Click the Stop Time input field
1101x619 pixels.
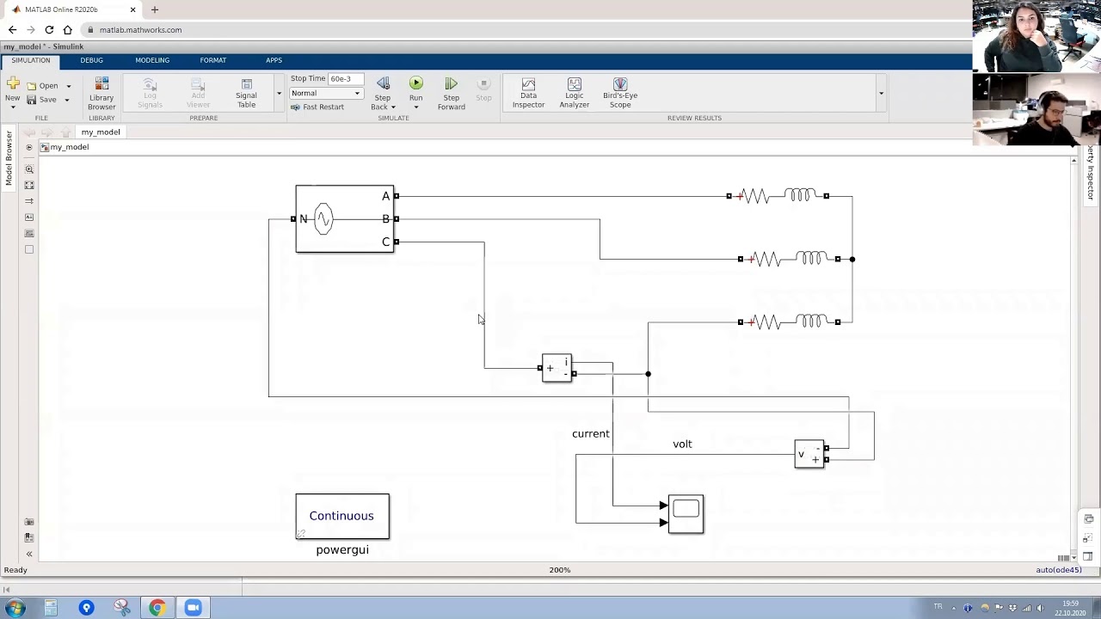click(346, 78)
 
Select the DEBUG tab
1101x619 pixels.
click(91, 60)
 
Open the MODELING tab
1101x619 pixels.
click(152, 60)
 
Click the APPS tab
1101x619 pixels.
click(274, 60)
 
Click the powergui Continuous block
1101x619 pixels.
click(342, 516)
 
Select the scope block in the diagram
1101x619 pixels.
click(686, 513)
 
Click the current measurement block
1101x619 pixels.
click(557, 368)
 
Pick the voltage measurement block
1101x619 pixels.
click(809, 453)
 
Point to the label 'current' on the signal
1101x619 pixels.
click(590, 434)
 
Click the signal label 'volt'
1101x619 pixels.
click(682, 444)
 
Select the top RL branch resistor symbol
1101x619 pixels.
click(755, 196)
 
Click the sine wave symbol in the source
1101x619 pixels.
click(323, 219)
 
